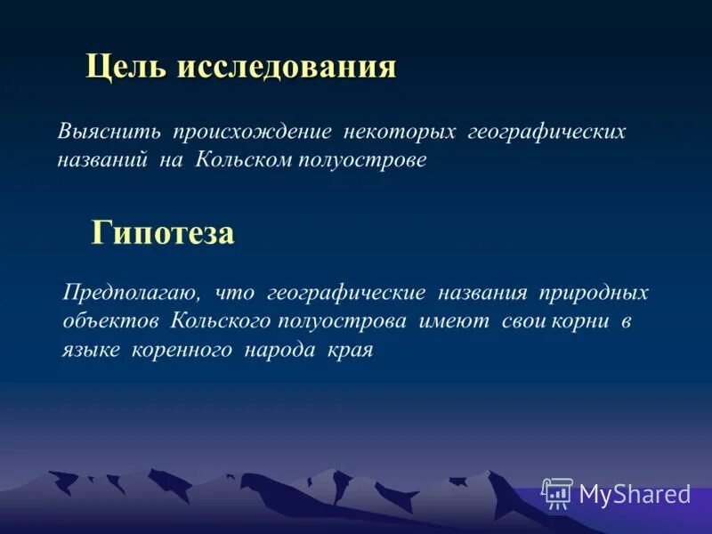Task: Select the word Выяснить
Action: (x=109, y=132)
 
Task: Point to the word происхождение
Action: (x=253, y=132)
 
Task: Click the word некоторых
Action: (x=398, y=132)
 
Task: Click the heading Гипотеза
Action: (x=163, y=233)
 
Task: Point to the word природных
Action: (x=606, y=293)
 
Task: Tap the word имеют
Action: (x=454, y=321)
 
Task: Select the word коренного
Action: (x=182, y=350)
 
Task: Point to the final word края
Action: (x=352, y=350)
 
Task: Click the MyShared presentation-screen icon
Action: (x=557, y=493)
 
